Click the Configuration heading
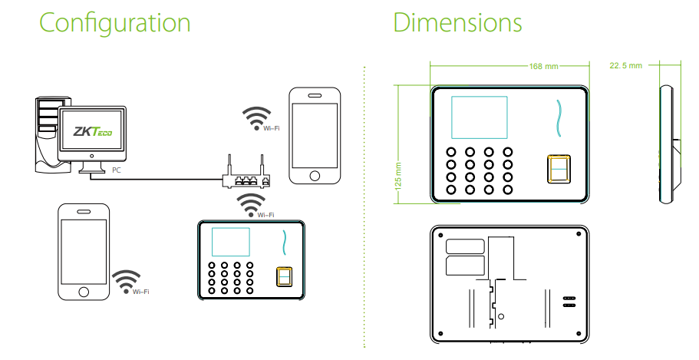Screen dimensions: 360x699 (114, 22)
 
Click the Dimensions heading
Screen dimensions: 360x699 (457, 22)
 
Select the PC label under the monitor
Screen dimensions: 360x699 (115, 168)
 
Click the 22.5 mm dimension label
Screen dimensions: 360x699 (625, 66)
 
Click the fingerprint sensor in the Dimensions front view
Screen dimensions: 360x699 (558, 170)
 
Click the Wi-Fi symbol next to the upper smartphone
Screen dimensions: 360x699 (256, 117)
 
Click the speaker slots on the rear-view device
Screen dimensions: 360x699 (569, 300)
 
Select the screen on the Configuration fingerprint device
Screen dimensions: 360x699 (231, 243)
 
